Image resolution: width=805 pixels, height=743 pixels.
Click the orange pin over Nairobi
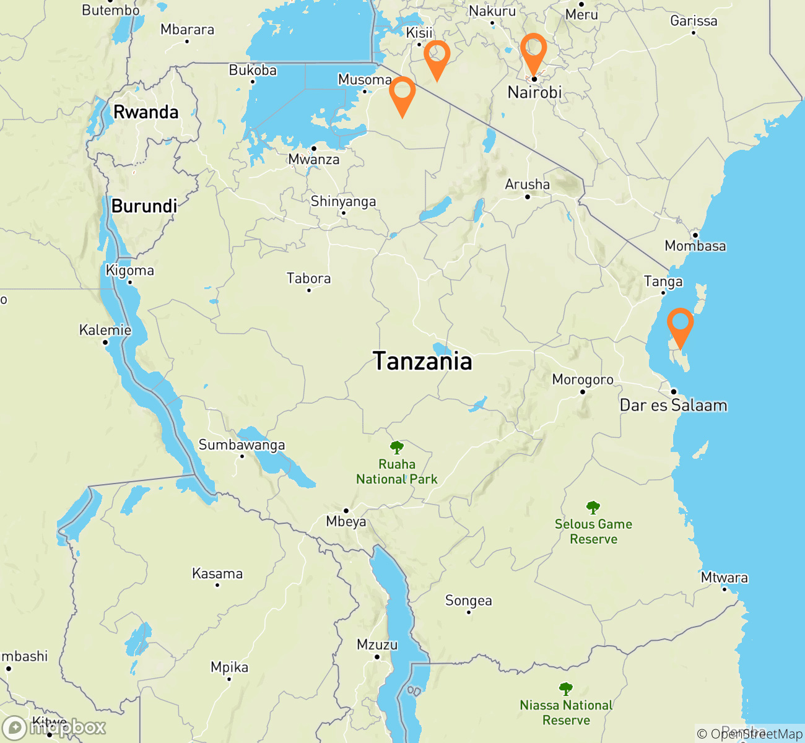click(x=533, y=50)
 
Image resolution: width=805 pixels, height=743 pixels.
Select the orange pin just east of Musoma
click(x=402, y=93)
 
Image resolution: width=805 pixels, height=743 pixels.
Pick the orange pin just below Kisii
click(x=437, y=56)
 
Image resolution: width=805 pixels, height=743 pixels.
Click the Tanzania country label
click(x=423, y=361)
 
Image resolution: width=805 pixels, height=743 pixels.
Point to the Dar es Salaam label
click(x=674, y=406)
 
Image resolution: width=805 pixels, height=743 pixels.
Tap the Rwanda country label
click(x=146, y=112)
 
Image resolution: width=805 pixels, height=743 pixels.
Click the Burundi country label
click(x=144, y=206)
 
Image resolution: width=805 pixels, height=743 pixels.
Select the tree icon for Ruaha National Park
click(x=397, y=447)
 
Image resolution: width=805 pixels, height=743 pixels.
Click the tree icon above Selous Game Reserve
click(x=593, y=508)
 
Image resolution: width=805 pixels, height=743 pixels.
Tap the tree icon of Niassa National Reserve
click(x=565, y=689)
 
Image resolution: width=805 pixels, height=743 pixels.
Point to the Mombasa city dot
click(x=695, y=235)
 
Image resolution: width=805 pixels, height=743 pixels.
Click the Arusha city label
click(x=527, y=185)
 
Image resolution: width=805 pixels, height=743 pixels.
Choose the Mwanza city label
click(x=314, y=160)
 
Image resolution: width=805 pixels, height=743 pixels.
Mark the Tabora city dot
click(x=309, y=290)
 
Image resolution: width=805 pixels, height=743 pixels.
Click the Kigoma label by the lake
click(x=130, y=271)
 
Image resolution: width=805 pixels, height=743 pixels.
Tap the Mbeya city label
click(x=346, y=522)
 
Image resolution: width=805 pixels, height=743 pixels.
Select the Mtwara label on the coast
click(x=724, y=578)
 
